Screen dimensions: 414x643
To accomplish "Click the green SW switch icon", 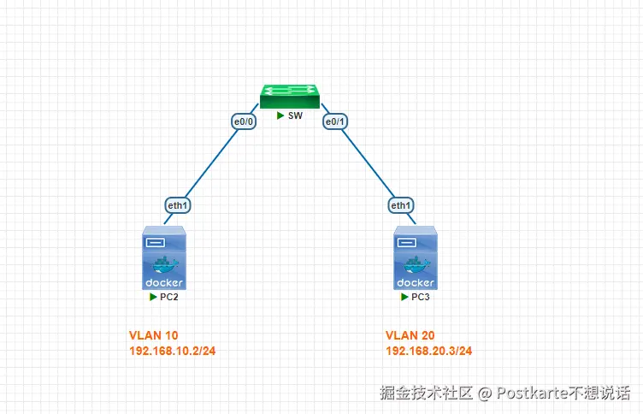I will click(291, 95).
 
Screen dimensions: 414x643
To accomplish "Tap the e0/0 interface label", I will click(245, 122).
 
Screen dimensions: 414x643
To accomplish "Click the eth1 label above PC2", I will click(178, 205).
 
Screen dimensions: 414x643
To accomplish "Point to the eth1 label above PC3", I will click(401, 205).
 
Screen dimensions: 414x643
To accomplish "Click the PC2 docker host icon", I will click(163, 258).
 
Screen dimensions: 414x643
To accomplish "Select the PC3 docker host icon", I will click(415, 258).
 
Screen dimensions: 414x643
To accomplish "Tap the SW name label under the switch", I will click(295, 115).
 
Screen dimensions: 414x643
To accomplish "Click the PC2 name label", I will click(169, 297).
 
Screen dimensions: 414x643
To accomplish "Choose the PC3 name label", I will click(421, 297).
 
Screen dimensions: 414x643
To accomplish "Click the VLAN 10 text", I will click(154, 334).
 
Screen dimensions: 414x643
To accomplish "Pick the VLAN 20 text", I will click(411, 334).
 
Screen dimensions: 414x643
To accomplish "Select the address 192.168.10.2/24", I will click(172, 351).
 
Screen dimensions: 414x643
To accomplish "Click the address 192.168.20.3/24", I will click(429, 351).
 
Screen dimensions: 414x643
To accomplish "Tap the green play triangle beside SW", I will click(280, 115).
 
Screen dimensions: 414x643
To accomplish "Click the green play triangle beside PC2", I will click(154, 297).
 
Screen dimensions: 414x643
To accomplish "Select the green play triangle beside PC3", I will click(405, 297).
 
